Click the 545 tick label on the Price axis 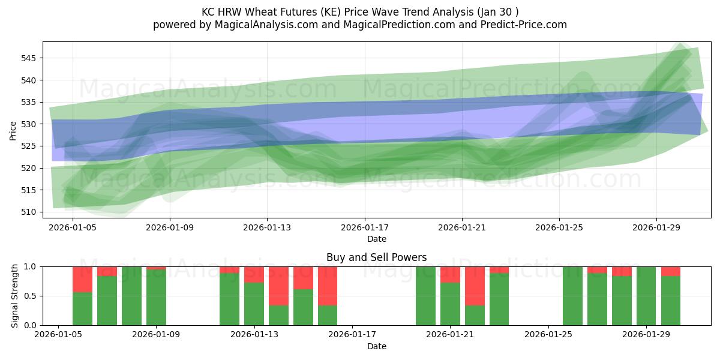[x=30, y=58]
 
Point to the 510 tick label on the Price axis [x=30, y=212]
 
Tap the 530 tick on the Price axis [x=30, y=124]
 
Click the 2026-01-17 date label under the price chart [x=364, y=228]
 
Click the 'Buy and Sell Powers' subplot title [x=376, y=257]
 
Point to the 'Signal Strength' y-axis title [x=15, y=296]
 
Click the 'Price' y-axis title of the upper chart [x=13, y=130]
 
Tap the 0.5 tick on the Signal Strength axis [x=31, y=296]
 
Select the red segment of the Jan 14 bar [x=278, y=286]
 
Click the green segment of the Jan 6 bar [x=82, y=308]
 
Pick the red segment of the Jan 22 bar [x=475, y=286]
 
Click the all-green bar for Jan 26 [x=572, y=296]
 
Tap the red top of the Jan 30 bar [x=670, y=271]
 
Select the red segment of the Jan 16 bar [x=328, y=286]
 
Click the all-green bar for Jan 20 [x=425, y=296]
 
